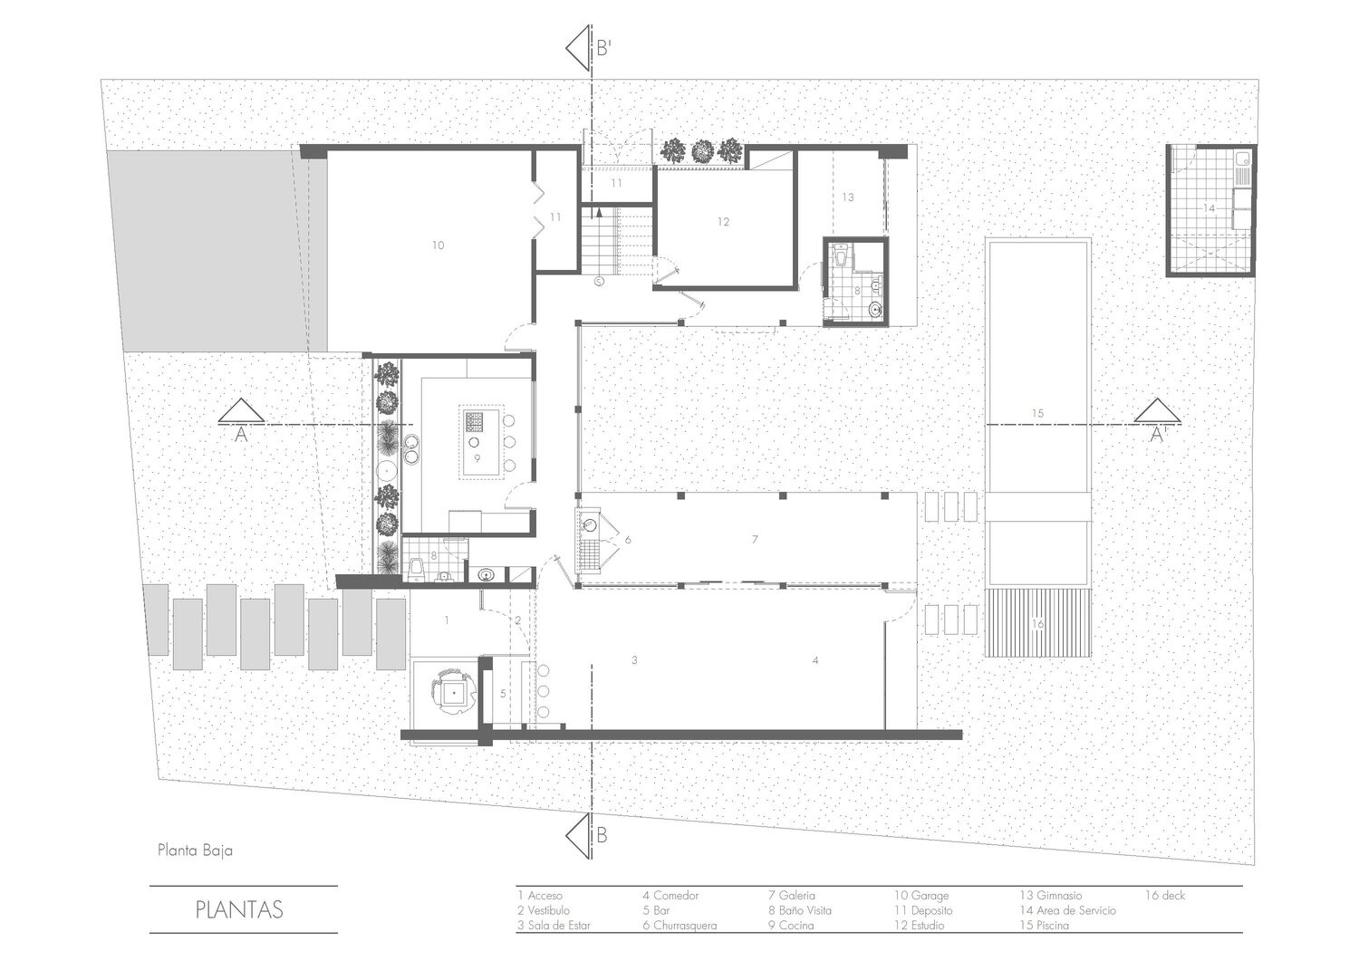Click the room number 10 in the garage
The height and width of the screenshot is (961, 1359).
(438, 245)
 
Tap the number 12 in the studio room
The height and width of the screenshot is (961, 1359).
(723, 222)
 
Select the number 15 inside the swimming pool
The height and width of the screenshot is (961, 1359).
(1037, 413)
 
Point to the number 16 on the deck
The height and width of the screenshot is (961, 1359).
(1037, 623)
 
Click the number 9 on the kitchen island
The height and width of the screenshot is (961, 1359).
(477, 458)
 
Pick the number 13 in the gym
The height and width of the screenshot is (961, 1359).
(847, 197)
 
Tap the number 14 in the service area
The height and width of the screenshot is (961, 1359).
(1210, 208)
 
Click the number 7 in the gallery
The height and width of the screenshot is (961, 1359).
(755, 539)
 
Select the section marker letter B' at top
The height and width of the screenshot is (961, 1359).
(603, 49)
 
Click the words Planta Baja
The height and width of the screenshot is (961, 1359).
(195, 850)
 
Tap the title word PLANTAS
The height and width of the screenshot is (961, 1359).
(239, 910)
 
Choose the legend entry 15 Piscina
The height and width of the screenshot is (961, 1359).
(1044, 926)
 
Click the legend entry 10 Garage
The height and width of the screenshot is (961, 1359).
(921, 896)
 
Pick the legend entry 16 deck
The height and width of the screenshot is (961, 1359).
(1165, 896)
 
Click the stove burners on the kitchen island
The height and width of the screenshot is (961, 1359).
(473, 420)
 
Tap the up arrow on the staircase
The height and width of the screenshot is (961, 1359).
(599, 212)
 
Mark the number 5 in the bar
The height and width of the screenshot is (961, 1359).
(503, 693)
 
